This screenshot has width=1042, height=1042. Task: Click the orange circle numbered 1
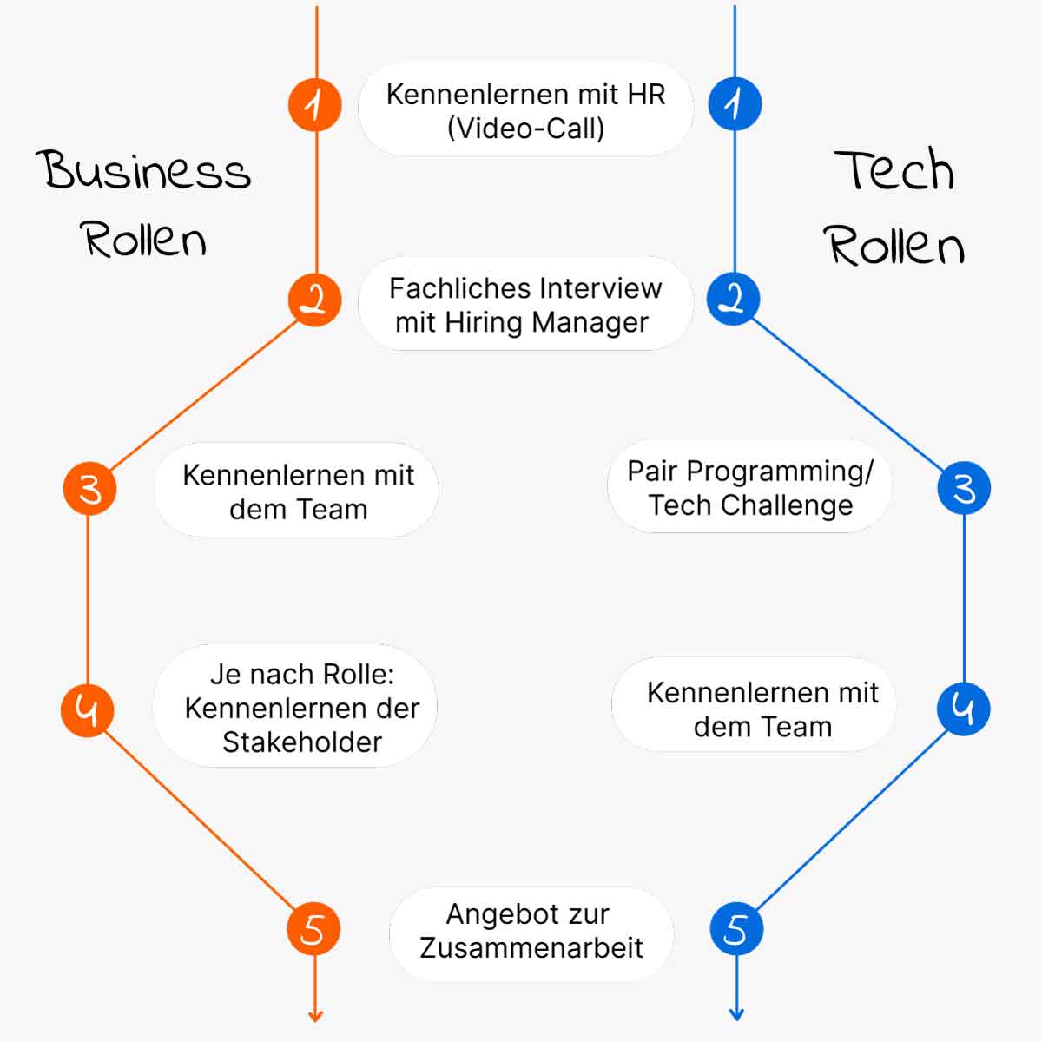(314, 104)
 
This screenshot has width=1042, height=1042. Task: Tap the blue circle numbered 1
(735, 104)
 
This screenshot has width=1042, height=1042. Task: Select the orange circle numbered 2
(314, 300)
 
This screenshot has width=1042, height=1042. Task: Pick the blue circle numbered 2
(734, 300)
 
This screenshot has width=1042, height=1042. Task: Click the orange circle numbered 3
(89, 489)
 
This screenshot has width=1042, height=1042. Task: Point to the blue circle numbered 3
(964, 488)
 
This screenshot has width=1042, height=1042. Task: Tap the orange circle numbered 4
(87, 710)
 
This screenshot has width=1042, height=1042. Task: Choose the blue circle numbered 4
(963, 709)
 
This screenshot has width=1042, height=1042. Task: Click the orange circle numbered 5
(313, 929)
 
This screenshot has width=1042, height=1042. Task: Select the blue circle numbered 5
(736, 929)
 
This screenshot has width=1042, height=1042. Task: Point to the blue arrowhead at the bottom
(736, 1014)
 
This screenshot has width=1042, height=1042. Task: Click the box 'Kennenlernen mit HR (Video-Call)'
(525, 110)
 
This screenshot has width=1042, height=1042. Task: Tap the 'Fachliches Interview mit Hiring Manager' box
(524, 305)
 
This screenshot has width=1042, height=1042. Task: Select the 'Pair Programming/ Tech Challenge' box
(750, 487)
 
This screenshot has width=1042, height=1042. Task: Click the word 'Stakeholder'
(301, 742)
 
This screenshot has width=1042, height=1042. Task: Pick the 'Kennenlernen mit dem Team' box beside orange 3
(297, 491)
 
